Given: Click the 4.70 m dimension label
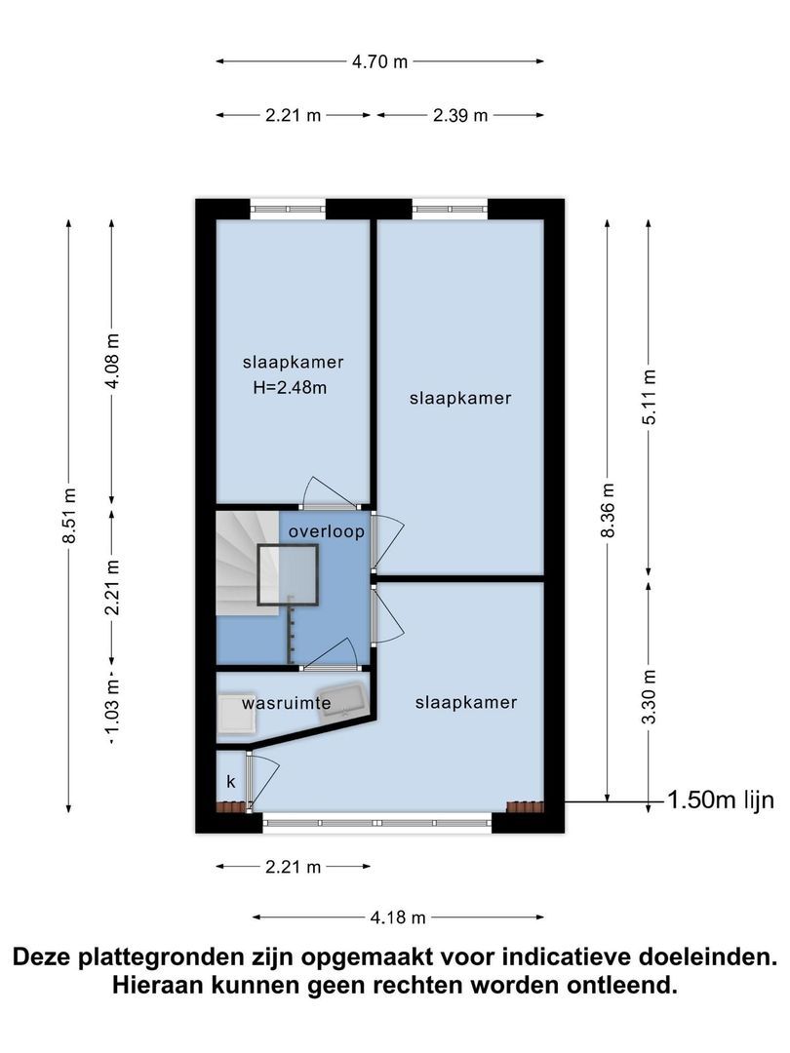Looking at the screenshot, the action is [379, 61].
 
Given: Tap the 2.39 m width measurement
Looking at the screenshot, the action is [460, 115].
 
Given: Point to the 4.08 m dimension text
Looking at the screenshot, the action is [112, 361].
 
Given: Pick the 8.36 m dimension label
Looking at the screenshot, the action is [608, 510].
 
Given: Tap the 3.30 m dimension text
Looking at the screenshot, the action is [650, 697].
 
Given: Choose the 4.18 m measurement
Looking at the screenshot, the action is [398, 917].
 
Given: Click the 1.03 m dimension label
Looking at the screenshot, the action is [112, 707].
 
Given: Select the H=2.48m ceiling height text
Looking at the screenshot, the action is [291, 387].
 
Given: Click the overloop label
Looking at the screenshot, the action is [327, 532].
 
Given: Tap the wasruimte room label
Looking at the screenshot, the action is [287, 703].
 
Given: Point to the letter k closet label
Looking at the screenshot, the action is [231, 782].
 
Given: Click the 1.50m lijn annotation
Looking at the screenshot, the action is [720, 799].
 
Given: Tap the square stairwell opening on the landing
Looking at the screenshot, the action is [288, 575].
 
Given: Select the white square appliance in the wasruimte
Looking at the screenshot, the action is [236, 712].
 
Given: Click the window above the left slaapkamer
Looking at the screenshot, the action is [288, 209].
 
